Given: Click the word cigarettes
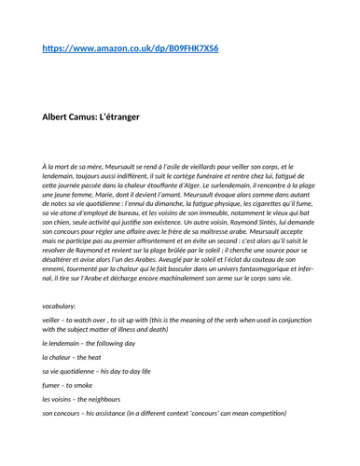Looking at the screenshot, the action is tap(256, 199).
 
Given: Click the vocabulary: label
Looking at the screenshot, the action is tap(60, 306).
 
